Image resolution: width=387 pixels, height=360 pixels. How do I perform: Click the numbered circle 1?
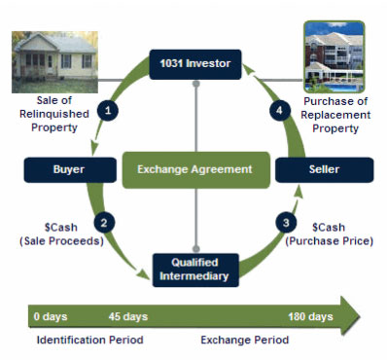pos(109,111)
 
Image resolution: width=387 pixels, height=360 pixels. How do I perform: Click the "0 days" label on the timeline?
pos(51,317)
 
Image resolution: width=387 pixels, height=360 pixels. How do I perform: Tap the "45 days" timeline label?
pos(128,317)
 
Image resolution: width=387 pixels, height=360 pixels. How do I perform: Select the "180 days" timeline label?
pos(310,317)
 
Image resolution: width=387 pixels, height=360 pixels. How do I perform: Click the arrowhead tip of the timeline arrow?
pos(359,316)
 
